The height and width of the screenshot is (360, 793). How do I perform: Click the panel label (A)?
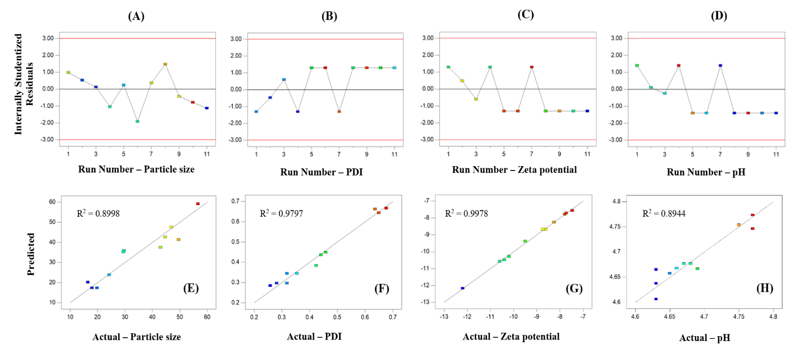point(136,16)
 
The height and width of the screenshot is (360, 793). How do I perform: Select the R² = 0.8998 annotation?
point(98,213)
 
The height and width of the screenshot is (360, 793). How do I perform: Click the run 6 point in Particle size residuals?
point(137,121)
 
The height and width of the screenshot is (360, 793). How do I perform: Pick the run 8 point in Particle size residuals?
point(165,64)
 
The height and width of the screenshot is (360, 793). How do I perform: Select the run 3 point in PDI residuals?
point(284,79)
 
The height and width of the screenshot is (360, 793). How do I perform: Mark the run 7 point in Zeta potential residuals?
point(531,67)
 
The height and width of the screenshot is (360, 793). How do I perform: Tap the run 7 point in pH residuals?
point(720,66)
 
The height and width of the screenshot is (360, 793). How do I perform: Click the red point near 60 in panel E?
point(198,204)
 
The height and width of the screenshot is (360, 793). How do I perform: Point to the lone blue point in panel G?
point(463,288)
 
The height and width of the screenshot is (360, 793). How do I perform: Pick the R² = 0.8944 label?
point(665,213)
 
